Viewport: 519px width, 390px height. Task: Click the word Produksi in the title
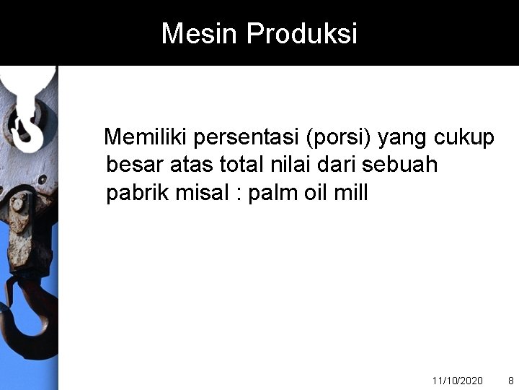pos(302,33)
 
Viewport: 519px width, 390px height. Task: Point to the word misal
pos(201,193)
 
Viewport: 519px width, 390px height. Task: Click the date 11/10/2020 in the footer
pos(457,380)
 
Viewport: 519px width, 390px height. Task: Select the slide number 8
pos(511,380)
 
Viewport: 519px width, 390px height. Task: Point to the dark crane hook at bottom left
pos(29,318)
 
